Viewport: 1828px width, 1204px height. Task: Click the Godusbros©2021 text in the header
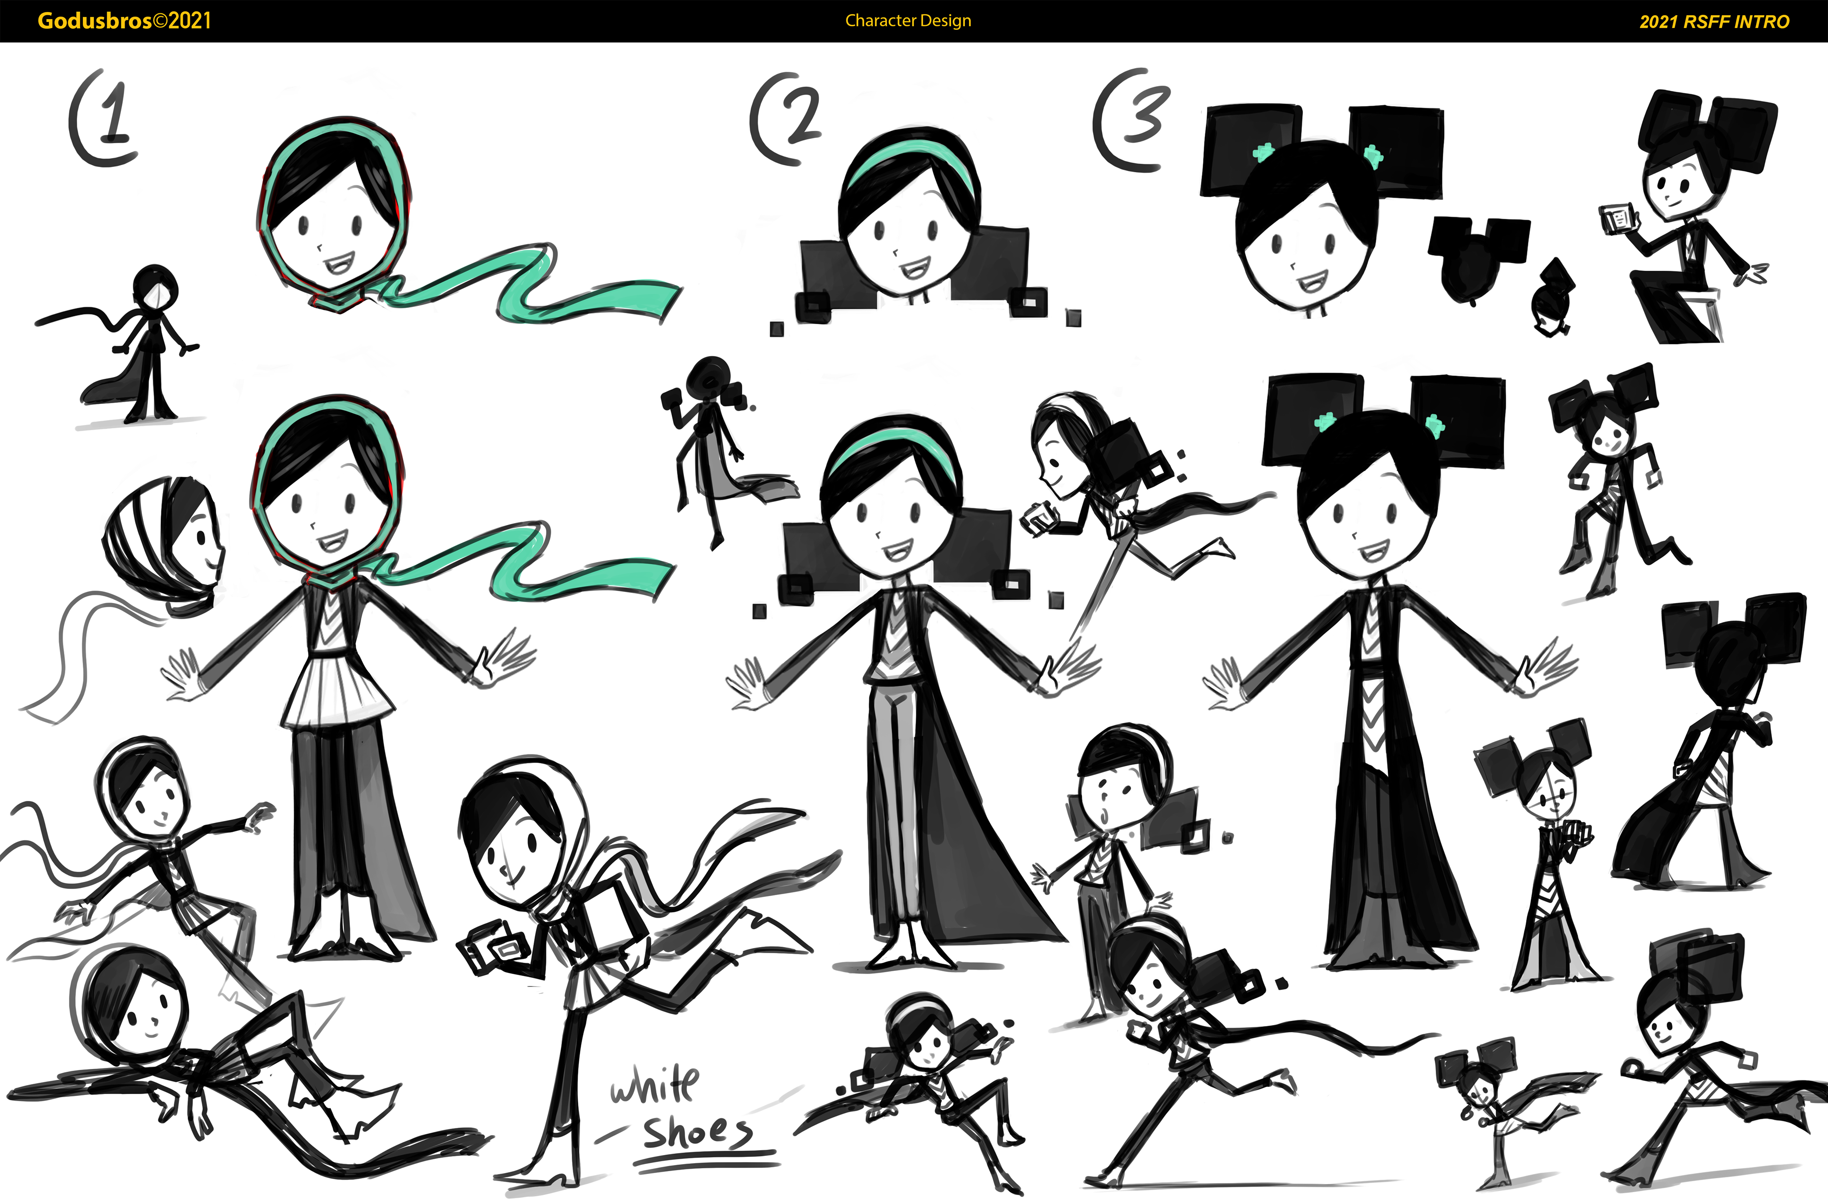tap(124, 21)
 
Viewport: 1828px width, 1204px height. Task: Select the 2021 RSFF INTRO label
tap(1714, 21)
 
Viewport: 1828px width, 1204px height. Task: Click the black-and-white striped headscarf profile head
tap(164, 543)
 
